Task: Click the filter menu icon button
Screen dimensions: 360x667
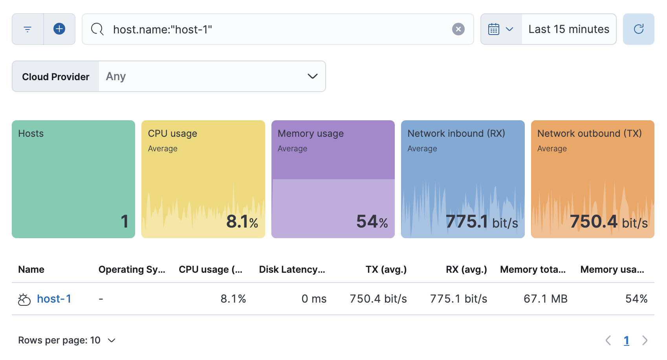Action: pos(27,29)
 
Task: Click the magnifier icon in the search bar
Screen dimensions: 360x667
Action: pos(97,29)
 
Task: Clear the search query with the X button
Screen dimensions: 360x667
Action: pos(458,29)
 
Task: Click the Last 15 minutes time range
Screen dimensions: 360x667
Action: pos(568,29)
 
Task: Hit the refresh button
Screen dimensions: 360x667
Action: pos(638,29)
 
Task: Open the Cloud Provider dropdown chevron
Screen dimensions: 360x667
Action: pos(312,76)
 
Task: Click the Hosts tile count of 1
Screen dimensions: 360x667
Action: pos(125,221)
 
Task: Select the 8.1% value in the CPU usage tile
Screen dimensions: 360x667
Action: pos(242,222)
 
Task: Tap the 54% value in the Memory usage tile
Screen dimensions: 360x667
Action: pos(372,222)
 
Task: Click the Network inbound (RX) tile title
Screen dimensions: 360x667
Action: pos(456,134)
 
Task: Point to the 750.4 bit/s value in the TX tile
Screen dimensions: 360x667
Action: pos(608,222)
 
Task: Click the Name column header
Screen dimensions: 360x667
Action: pos(31,270)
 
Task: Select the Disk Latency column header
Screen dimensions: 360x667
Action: pos(292,270)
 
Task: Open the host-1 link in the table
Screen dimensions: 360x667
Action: pos(54,299)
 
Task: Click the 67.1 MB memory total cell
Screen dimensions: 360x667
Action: pos(545,299)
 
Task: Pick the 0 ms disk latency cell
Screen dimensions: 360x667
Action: pos(314,299)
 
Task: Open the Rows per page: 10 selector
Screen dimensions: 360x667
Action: pos(67,340)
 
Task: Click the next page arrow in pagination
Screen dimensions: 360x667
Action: pos(645,340)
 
